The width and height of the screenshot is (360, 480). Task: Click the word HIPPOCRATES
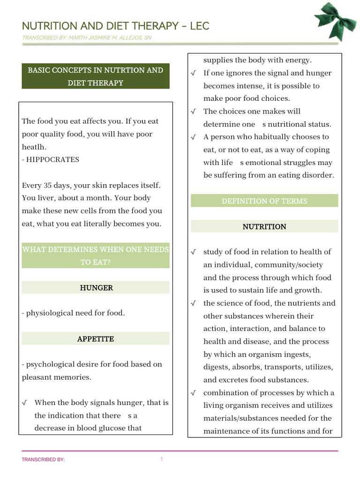53,159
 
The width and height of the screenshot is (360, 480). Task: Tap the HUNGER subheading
96,288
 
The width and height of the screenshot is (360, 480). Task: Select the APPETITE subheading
96,339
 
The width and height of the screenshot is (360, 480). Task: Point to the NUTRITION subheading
264,227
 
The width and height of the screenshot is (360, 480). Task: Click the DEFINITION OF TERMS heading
264,201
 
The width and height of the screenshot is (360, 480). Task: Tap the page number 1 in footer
161,459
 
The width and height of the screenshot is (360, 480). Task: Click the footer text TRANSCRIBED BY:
43,460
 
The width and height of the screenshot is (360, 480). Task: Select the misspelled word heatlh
33,147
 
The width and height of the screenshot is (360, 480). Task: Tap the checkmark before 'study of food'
194,252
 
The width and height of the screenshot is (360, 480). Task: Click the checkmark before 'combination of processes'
194,393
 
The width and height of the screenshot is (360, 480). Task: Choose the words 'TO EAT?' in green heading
95,262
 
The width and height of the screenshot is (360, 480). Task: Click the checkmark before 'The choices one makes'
194,112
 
